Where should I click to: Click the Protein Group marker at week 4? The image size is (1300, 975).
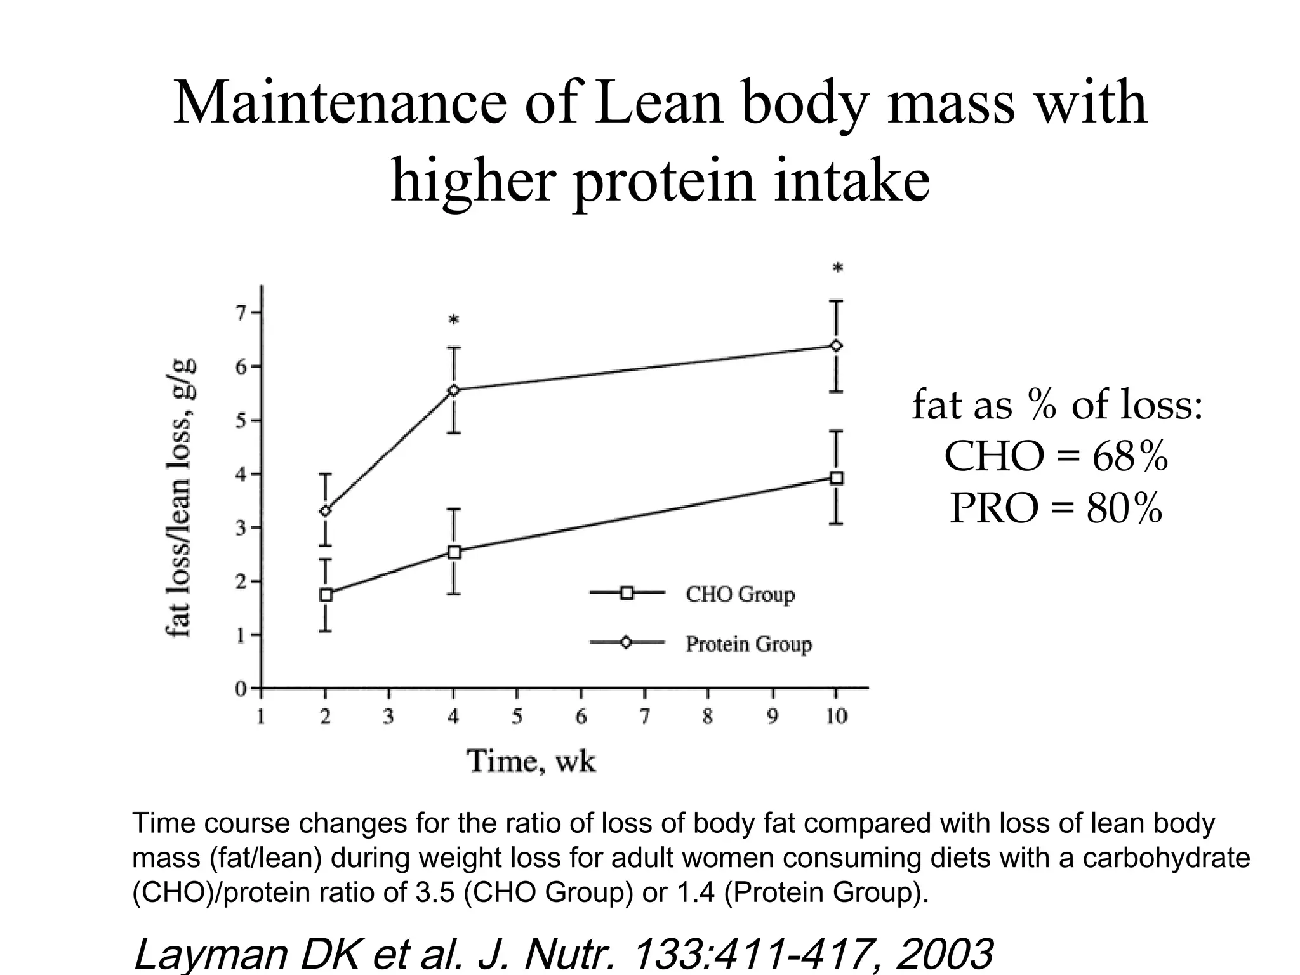[x=454, y=390]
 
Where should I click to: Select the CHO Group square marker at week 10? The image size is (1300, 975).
[x=837, y=478]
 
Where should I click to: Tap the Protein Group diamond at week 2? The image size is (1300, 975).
[x=326, y=511]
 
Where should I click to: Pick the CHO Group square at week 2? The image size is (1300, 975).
[x=326, y=595]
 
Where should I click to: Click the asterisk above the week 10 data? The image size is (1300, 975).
[x=837, y=269]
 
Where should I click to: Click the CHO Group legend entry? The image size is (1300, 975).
[x=740, y=594]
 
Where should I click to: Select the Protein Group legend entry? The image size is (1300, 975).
[x=748, y=644]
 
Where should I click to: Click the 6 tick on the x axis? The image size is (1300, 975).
[x=580, y=717]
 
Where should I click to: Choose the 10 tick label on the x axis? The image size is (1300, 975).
[x=836, y=717]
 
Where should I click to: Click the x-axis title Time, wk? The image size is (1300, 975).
[x=531, y=761]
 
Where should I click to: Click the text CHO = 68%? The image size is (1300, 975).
[x=1056, y=456]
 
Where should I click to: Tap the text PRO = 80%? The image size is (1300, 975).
[x=1056, y=508]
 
